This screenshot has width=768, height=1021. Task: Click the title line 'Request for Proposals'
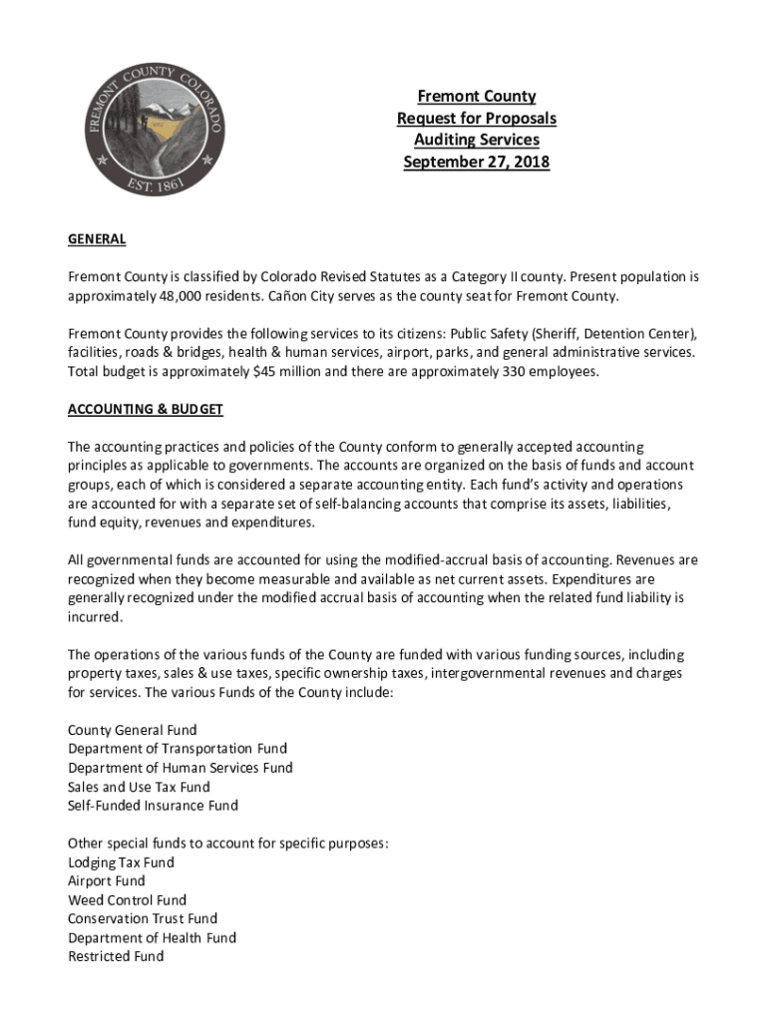(476, 119)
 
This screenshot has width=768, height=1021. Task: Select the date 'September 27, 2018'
(476, 162)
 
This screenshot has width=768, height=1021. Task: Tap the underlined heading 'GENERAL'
(97, 239)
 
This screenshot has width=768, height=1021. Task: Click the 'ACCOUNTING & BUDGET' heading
(146, 410)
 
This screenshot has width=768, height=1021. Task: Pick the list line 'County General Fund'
(133, 730)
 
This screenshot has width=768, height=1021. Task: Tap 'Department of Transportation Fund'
(178, 749)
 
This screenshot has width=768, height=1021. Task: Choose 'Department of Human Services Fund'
(181, 768)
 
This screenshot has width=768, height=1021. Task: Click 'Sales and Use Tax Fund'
(139, 787)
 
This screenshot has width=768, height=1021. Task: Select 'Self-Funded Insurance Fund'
(153, 806)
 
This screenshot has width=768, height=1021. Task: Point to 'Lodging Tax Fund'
(121, 862)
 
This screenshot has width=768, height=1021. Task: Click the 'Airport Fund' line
(107, 881)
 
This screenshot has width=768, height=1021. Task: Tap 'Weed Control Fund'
(127, 900)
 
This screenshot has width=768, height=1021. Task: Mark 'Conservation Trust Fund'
(143, 919)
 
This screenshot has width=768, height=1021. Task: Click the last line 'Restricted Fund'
(116, 957)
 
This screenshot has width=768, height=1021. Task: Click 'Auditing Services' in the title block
(476, 141)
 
